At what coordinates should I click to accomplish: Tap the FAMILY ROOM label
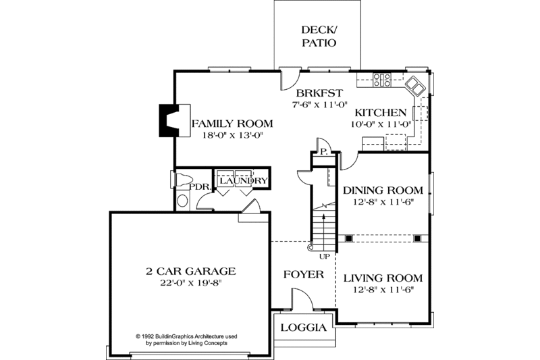pyautogui.click(x=232, y=124)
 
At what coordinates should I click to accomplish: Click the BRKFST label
pyautogui.click(x=319, y=93)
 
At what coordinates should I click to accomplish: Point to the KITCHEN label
pyautogui.click(x=381, y=113)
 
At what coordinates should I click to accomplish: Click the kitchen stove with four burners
pyautogui.click(x=383, y=80)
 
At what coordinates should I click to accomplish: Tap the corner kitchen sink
pyautogui.click(x=414, y=86)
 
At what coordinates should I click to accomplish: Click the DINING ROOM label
pyautogui.click(x=383, y=190)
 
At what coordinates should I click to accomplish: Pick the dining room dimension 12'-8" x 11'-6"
pyautogui.click(x=383, y=202)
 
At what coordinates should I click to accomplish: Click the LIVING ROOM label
pyautogui.click(x=383, y=278)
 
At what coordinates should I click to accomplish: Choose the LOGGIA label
pyautogui.click(x=303, y=328)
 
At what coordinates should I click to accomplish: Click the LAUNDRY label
pyautogui.click(x=243, y=181)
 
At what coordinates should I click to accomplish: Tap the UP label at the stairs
pyautogui.click(x=325, y=256)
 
